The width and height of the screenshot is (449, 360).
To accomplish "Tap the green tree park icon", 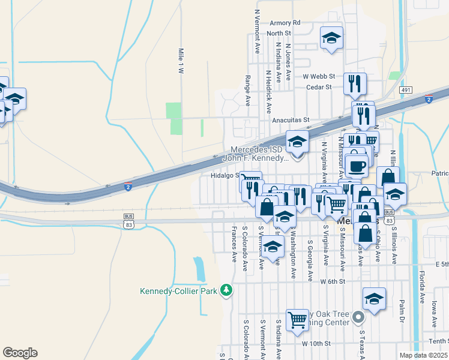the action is pos(226,290).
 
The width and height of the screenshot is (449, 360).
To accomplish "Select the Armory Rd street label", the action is pos(285,23).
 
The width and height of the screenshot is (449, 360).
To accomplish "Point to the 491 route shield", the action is pos(406,90).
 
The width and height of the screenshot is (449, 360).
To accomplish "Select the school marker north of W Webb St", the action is pos(331,38).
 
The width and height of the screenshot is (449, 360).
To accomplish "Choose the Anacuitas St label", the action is pos(290,120).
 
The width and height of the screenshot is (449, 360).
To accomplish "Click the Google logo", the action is pos(20,352).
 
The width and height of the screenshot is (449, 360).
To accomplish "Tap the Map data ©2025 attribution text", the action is pos(423,355).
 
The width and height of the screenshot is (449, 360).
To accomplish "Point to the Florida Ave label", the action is pos(421,287).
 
